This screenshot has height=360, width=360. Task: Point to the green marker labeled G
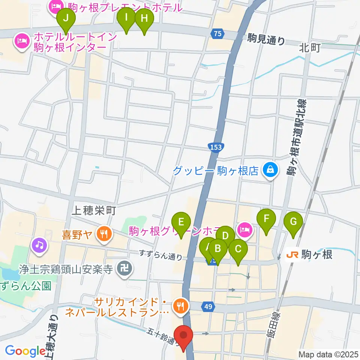[293, 223]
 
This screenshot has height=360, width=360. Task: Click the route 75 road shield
[216, 34]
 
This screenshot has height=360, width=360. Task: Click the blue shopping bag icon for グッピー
[270, 171]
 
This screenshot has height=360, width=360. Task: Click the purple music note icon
[39, 246]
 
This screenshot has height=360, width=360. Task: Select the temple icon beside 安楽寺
[123, 268]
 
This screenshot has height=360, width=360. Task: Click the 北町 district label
[310, 48]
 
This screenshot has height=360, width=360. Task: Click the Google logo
[25, 351]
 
